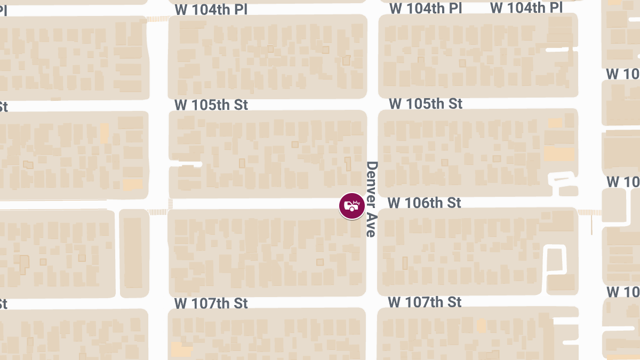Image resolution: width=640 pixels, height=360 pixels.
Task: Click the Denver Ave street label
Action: (372, 198)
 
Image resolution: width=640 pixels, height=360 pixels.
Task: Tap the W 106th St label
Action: (424, 203)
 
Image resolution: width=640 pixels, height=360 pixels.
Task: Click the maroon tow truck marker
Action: (352, 205)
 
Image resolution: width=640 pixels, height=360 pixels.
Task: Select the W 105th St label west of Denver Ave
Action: (211, 105)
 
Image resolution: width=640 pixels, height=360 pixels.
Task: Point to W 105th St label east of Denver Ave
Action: (426, 103)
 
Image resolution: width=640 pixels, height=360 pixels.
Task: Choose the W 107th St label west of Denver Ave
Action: (211, 303)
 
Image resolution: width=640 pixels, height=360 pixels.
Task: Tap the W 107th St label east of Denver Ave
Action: (425, 302)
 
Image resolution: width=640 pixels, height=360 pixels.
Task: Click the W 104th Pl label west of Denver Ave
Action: (211, 10)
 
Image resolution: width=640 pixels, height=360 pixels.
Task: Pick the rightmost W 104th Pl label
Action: (526, 7)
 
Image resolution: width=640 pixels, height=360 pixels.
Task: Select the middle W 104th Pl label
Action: (425, 9)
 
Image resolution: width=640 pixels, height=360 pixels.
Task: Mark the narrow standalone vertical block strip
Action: (133, 253)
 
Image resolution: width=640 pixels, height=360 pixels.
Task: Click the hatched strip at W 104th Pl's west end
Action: (157, 19)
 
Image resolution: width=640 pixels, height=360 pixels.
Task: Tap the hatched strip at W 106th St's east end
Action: (589, 212)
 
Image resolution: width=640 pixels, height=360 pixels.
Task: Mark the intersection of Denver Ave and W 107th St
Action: (372, 302)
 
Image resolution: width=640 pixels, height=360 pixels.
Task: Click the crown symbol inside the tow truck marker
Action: (357, 202)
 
